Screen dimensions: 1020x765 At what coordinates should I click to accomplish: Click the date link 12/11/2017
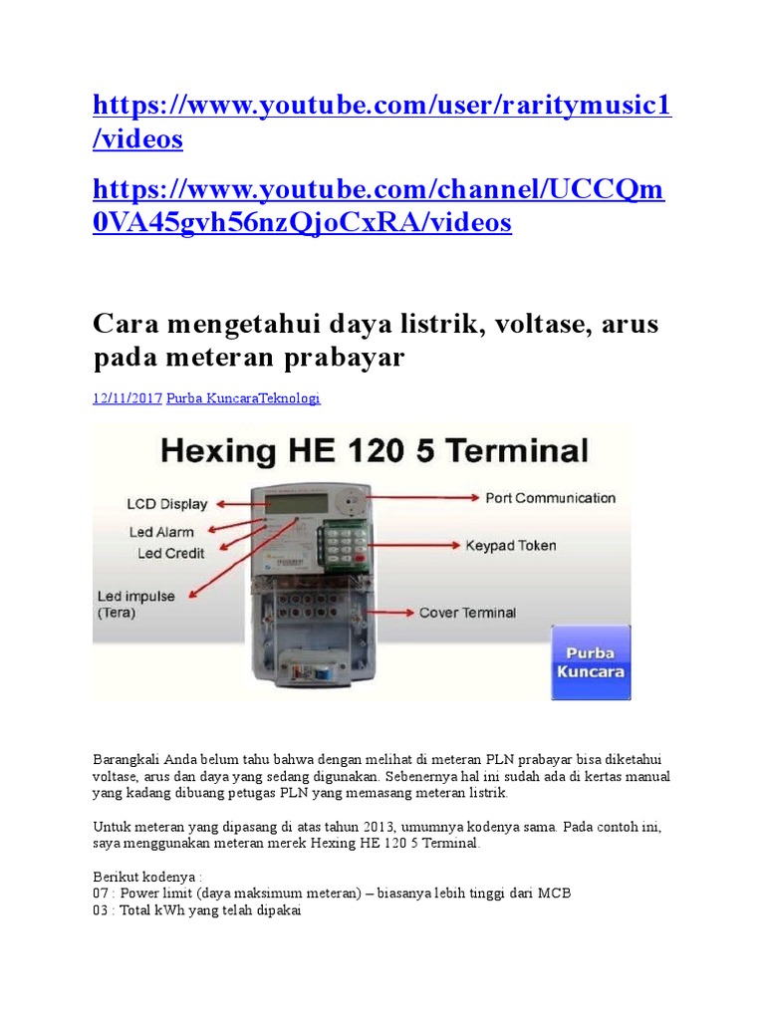[x=127, y=398]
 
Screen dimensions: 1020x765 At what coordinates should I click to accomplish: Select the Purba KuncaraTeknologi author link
[x=243, y=398]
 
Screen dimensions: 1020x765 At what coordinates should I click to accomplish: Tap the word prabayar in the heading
[x=347, y=358]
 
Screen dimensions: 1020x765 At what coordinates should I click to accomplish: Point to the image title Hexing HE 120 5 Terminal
[x=374, y=451]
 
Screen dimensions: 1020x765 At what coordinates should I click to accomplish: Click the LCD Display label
[x=167, y=504]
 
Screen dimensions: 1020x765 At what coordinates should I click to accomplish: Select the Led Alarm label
[x=161, y=532]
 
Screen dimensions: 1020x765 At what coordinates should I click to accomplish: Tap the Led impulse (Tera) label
[x=135, y=605]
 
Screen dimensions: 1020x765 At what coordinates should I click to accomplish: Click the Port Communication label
[x=550, y=498]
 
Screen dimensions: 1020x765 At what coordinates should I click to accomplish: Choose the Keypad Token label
[x=510, y=546]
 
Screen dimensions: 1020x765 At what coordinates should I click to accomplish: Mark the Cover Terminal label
[x=467, y=613]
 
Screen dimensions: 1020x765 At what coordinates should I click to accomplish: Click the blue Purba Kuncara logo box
[x=591, y=662]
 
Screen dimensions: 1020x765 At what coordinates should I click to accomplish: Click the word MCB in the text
[x=555, y=892]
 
